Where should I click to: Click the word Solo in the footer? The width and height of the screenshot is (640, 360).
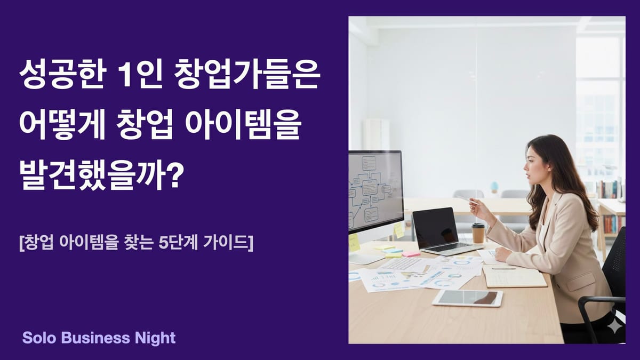[x=38, y=338]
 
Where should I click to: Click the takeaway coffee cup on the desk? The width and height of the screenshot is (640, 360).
[x=478, y=233]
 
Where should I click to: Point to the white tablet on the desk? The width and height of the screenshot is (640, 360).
[x=467, y=298]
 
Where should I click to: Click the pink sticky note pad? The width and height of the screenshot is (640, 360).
[x=411, y=254]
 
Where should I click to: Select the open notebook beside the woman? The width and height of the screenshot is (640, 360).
[x=514, y=276]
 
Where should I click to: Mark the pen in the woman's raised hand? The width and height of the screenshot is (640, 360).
[x=463, y=198]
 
